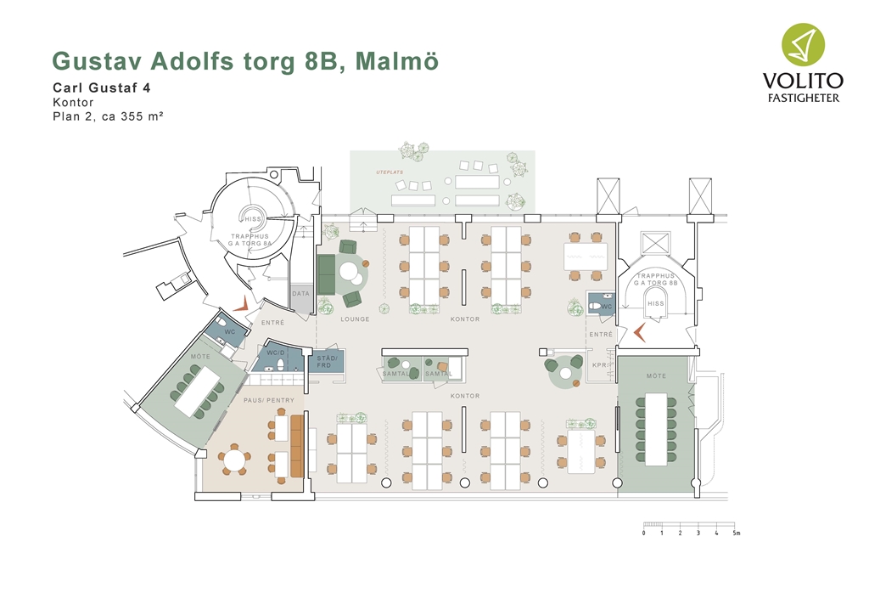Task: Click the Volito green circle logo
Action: (803, 44)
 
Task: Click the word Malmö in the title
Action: (397, 60)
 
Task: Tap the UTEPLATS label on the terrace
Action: (390, 172)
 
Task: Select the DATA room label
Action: (301, 293)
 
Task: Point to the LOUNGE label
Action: (355, 319)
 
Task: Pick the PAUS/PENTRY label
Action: (269, 400)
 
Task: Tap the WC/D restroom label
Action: (276, 353)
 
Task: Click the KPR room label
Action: (599, 365)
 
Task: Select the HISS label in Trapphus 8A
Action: (253, 219)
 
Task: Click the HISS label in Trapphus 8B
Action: (656, 303)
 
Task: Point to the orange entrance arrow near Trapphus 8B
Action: (640, 332)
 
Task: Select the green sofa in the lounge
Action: (326, 274)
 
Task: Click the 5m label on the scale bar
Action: (736, 533)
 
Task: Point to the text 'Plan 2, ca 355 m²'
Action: (108, 116)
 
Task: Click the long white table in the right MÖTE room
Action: (656, 429)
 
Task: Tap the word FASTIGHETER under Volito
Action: (803, 99)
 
